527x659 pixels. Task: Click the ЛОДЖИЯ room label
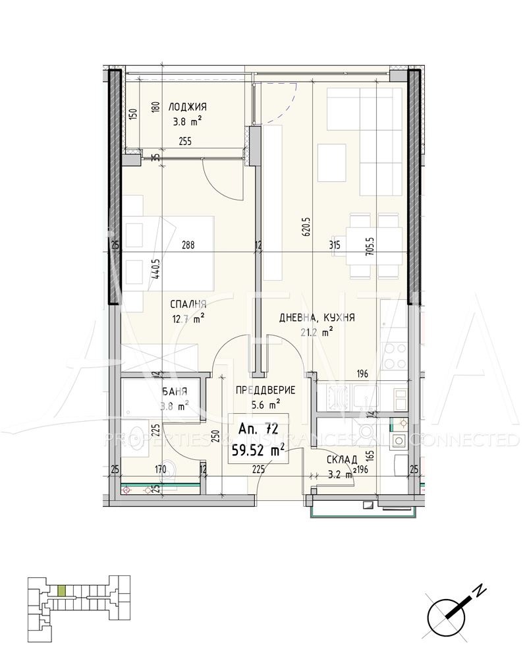tap(188, 107)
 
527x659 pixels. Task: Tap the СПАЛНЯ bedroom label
tap(188, 304)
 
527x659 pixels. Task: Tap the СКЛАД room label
tap(342, 459)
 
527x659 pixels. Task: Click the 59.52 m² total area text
tap(258, 451)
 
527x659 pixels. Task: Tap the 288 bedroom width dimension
tap(188, 245)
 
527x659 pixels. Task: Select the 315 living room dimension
tap(335, 245)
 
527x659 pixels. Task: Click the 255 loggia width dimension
tap(186, 140)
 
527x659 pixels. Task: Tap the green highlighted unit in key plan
tap(61, 590)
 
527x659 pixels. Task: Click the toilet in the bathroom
tap(169, 469)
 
